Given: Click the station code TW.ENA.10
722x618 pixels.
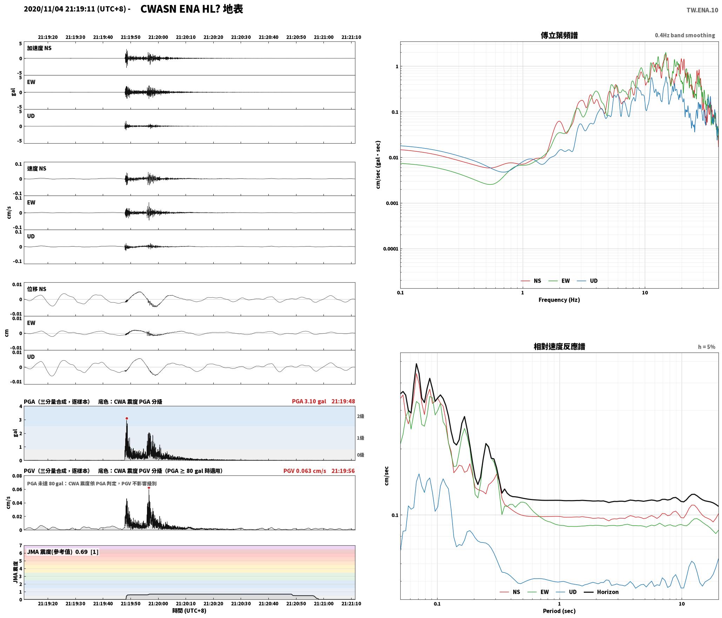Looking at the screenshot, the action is (x=702, y=10).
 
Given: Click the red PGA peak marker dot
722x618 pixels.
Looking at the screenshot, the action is (x=127, y=418).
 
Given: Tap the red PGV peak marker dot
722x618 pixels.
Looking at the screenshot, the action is (x=149, y=487).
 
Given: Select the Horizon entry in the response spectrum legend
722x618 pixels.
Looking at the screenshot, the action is (x=601, y=592).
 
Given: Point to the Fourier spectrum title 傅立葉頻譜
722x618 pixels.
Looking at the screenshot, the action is (x=559, y=35).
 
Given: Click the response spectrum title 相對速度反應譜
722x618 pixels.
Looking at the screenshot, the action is (x=559, y=347).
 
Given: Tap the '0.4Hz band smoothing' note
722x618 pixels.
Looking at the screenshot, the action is (x=685, y=35).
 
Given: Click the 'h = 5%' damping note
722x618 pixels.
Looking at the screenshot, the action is (x=706, y=347).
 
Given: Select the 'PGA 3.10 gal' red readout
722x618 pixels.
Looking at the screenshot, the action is (x=309, y=401).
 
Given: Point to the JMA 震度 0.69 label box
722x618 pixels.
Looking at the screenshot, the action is (x=62, y=552).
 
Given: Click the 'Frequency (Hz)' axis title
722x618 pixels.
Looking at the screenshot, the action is (x=559, y=300).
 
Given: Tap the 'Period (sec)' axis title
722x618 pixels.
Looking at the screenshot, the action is (x=559, y=611).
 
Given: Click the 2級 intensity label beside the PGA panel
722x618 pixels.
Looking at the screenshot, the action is (x=361, y=416).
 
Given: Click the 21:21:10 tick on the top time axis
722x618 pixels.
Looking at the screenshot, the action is (x=351, y=37).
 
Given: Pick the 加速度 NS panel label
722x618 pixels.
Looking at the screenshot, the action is (x=39, y=48).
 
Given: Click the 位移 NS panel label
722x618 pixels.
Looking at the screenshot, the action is (x=36, y=289).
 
